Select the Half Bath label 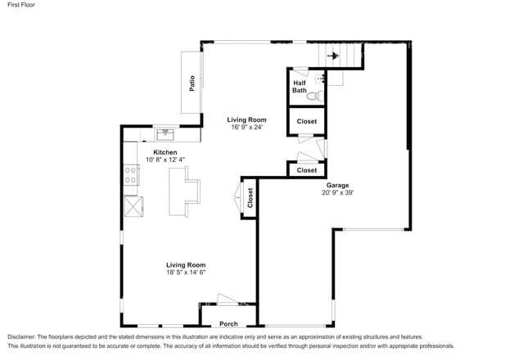click(300, 86)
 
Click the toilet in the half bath click(313, 96)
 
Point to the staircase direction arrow click(332, 56)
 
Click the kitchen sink click(165, 133)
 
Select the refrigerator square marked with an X click(132, 205)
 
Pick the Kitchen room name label click(165, 152)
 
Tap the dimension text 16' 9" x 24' click(246, 127)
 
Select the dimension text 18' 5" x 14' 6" click(186, 272)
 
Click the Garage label click(338, 186)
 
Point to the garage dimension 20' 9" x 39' click(338, 193)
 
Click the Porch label click(228, 324)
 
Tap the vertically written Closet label click(250, 199)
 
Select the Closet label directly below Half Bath click(306, 121)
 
